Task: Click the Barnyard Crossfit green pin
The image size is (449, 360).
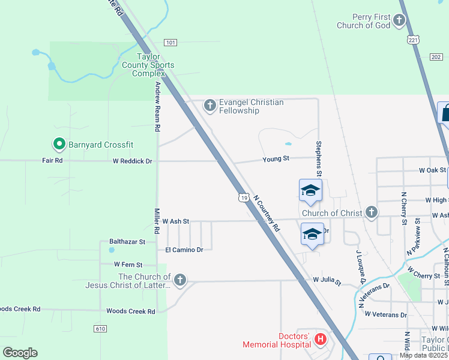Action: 59,144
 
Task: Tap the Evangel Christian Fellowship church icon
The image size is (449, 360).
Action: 209,106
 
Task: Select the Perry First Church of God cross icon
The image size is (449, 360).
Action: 399,22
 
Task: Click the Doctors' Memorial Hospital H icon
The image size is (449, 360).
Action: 321,340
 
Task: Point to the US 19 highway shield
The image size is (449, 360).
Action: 243,197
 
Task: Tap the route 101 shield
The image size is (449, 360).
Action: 171,42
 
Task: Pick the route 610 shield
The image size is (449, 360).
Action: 100,328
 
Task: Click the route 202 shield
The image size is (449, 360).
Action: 435,56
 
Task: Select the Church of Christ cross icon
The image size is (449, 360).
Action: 372,212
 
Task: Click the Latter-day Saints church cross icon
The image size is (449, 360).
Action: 179,280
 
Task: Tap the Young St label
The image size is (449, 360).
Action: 276,158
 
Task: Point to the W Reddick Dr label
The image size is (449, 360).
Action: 133,161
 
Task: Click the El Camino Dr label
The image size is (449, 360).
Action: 184,249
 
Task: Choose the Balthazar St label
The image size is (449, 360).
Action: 127,242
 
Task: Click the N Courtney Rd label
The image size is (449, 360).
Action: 266,213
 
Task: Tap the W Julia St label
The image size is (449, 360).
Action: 327,280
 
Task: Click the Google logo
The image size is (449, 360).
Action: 20,353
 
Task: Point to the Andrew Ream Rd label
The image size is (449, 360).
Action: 157,107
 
